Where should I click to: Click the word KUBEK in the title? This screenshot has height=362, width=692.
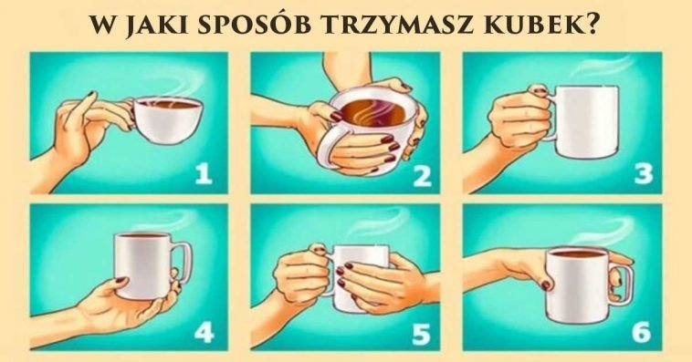pyautogui.click(x=535, y=26)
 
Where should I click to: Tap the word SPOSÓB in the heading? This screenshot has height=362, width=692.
pyautogui.click(x=254, y=25)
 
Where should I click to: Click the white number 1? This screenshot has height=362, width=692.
pyautogui.click(x=204, y=173)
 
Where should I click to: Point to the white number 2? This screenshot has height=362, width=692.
pyautogui.click(x=422, y=176)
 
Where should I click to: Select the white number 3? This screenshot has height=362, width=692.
pyautogui.click(x=644, y=173)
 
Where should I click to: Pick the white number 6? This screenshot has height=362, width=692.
pyautogui.click(x=641, y=333)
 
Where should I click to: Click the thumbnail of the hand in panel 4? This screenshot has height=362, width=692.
pyautogui.click(x=120, y=280)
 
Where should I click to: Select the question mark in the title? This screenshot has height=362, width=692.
pyautogui.click(x=592, y=26)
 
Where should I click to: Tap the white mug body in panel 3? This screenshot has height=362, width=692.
pyautogui.click(x=585, y=121)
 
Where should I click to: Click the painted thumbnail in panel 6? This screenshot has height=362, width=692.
pyautogui.click(x=546, y=284)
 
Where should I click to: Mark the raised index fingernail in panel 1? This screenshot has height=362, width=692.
pyautogui.click(x=91, y=94)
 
